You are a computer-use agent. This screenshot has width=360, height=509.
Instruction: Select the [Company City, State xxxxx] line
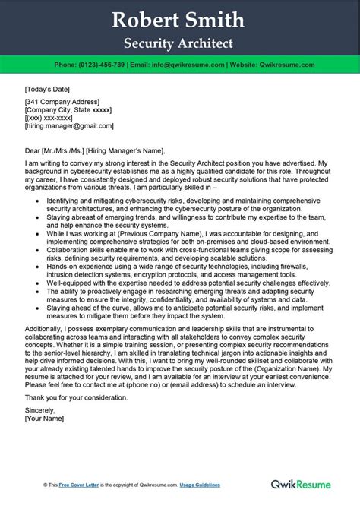pos(71,110)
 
